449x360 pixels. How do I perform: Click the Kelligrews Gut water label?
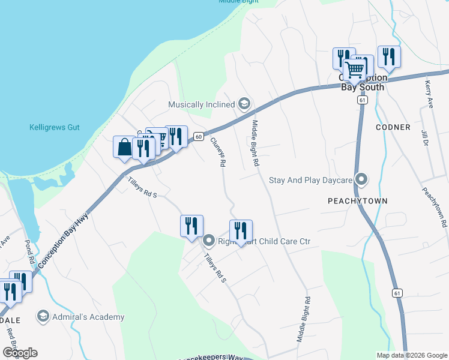point(55,128)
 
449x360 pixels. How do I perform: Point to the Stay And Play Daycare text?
point(310,180)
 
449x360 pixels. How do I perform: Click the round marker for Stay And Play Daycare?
point(361,179)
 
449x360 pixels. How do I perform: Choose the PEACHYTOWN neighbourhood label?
point(358,201)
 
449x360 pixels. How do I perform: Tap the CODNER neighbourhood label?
point(393,127)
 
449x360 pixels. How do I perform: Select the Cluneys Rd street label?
point(218,152)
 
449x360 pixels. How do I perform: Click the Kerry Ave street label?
point(429,94)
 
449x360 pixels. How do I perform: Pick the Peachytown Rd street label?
point(435,207)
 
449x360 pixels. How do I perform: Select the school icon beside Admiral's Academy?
point(43,316)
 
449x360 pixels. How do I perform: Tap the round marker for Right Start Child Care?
point(209,241)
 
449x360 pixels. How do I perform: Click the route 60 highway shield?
point(197,137)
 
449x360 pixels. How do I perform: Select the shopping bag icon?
point(124,147)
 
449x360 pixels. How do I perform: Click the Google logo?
point(20,353)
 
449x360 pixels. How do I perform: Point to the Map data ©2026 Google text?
point(411,355)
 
